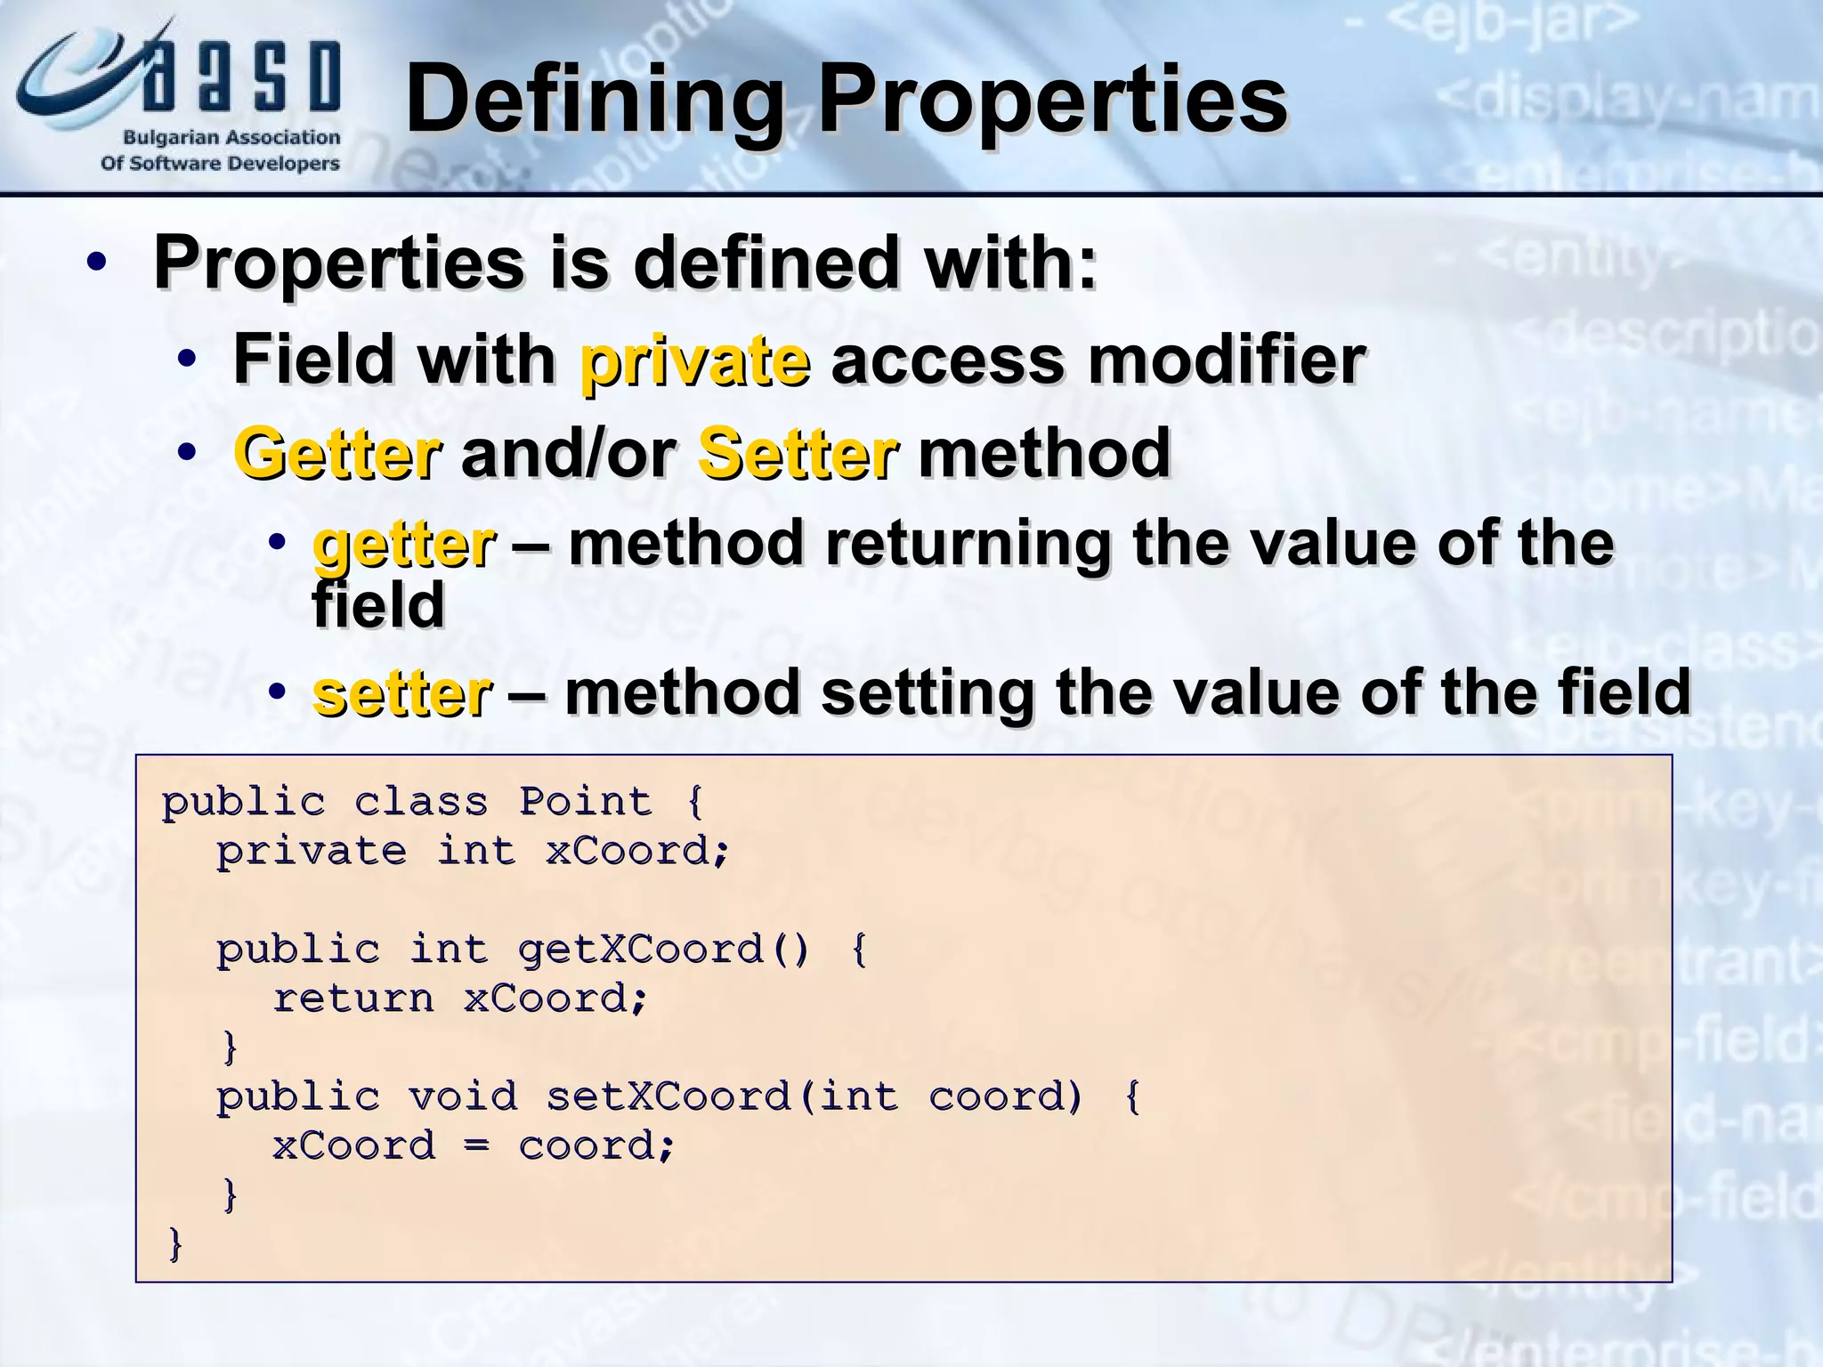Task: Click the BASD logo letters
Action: (240, 77)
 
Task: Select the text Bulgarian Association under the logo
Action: (231, 137)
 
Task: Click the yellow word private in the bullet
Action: (695, 360)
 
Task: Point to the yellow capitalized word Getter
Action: (337, 454)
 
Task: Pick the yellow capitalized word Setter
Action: (798, 454)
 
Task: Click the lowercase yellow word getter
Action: (404, 545)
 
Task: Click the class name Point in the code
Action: (585, 801)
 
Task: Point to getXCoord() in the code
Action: (663, 949)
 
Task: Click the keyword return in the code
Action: (353, 999)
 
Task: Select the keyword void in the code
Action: (463, 1096)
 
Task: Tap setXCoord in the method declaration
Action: (668, 1096)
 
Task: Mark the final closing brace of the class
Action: (175, 1243)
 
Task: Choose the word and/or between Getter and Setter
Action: (569, 454)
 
